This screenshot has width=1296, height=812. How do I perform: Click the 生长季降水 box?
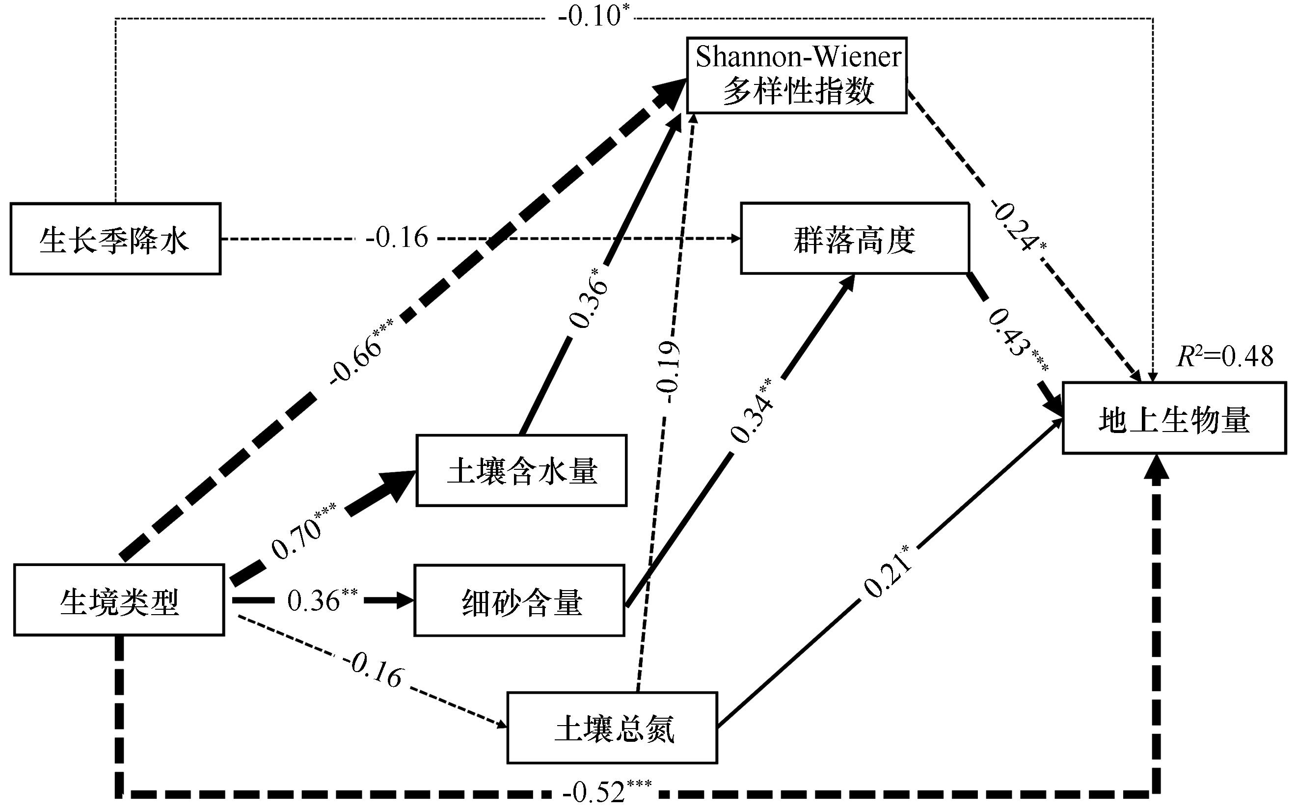115,239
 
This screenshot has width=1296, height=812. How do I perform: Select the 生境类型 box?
119,600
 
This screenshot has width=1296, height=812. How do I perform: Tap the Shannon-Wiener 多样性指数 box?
797,75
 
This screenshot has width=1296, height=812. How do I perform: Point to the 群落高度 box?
855,239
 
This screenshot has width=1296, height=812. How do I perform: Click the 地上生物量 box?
1174,418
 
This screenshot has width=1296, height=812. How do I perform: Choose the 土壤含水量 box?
521,470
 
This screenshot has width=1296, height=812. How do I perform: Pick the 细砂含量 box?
519,600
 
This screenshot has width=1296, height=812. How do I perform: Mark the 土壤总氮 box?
612,728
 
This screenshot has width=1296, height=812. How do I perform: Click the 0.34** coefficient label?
752,411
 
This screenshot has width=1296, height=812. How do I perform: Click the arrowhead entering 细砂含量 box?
403,600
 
